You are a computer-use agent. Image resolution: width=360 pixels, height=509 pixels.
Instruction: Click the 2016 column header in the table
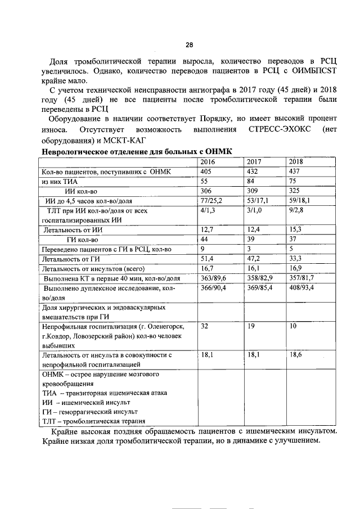[x=209, y=161]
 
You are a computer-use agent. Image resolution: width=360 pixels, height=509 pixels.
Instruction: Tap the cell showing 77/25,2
[x=212, y=200]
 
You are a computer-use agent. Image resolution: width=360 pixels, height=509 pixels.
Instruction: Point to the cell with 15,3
[x=295, y=229]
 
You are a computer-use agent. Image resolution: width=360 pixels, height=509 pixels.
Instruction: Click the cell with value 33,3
[x=295, y=259]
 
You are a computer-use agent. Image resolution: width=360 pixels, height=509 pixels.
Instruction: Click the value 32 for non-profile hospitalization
[x=205, y=326]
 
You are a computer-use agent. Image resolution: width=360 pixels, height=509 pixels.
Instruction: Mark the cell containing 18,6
[x=295, y=355]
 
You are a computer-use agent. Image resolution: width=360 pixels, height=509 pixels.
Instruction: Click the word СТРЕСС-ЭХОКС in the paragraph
[x=275, y=130]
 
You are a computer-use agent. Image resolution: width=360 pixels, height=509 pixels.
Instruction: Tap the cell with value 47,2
[x=253, y=259]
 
